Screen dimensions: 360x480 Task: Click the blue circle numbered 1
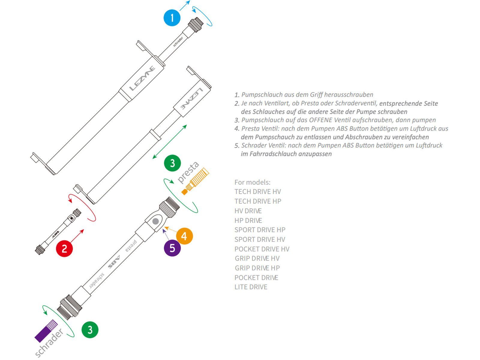click(x=172, y=18)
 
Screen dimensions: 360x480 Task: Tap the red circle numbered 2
click(x=64, y=248)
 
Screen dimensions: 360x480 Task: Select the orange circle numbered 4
click(x=184, y=236)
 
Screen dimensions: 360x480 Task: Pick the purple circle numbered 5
click(x=172, y=248)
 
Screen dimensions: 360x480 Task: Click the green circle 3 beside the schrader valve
click(x=90, y=330)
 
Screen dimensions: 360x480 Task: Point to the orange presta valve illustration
click(x=195, y=181)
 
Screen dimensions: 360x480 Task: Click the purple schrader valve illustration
click(x=46, y=331)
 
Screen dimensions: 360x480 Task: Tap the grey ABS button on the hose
click(x=155, y=222)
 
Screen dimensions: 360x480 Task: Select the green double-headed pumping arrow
click(x=170, y=142)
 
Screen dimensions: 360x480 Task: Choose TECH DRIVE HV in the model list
click(x=257, y=192)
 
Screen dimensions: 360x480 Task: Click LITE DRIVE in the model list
click(x=251, y=287)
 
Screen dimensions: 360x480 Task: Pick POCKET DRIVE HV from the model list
click(x=262, y=249)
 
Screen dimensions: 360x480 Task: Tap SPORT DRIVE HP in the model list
click(x=260, y=230)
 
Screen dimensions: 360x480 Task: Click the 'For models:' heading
click(x=252, y=182)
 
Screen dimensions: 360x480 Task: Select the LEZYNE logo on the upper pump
click(x=142, y=79)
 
